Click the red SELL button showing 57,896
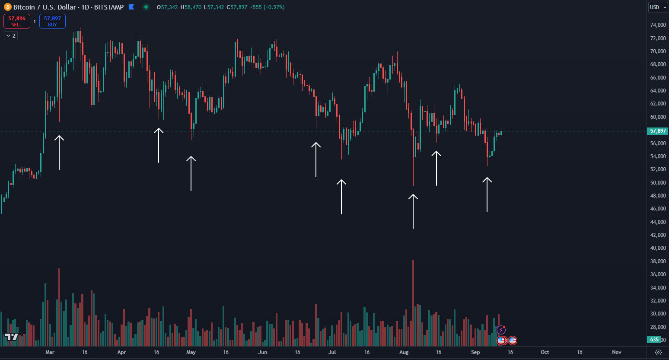(x=17, y=21)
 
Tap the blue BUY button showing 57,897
(x=52, y=21)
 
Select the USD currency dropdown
(x=658, y=7)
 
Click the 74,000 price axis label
(x=658, y=25)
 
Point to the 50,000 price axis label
(x=658, y=183)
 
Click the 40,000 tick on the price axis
(x=658, y=248)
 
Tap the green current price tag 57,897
(x=658, y=131)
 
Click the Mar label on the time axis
(x=50, y=352)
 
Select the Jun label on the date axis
(x=263, y=352)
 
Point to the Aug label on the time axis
(x=404, y=352)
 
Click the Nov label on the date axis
(x=617, y=352)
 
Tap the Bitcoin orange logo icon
(x=8, y=7)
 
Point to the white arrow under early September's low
(x=487, y=194)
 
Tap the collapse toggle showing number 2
(x=11, y=36)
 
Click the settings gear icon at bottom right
(x=658, y=352)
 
